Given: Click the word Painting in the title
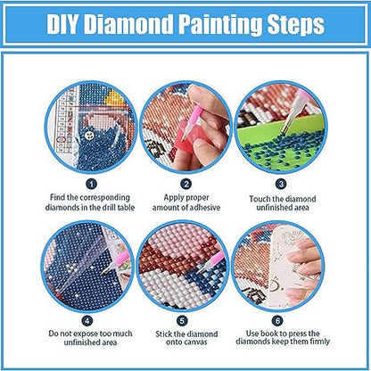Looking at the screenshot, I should pyautogui.click(x=213, y=24).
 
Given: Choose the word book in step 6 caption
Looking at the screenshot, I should pyautogui.click(x=273, y=339).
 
